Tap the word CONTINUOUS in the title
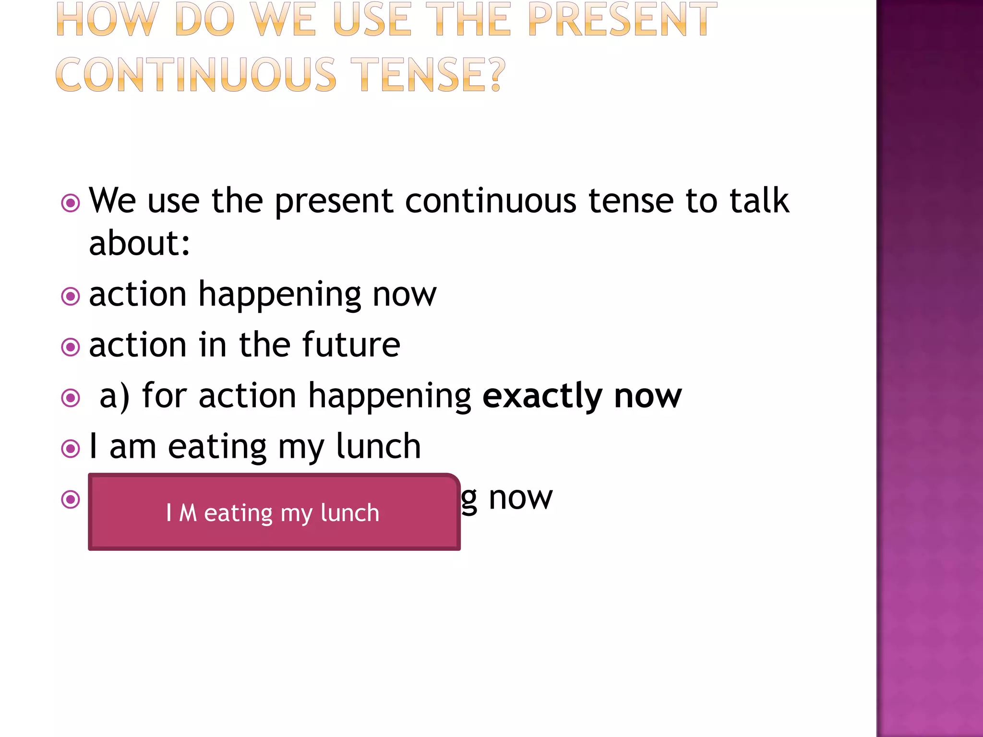(x=196, y=75)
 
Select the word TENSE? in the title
(x=428, y=75)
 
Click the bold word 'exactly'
(x=542, y=396)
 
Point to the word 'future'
(x=351, y=345)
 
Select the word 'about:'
(x=140, y=243)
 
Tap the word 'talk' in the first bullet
(x=759, y=200)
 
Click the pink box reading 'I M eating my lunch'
(x=274, y=512)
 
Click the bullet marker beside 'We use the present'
(x=71, y=203)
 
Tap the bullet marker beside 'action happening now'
(x=71, y=296)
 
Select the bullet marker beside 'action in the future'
(x=71, y=347)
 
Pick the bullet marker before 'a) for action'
(x=71, y=398)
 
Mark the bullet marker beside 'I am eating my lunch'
(x=71, y=449)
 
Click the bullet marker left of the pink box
(x=71, y=499)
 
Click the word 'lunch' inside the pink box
(x=349, y=513)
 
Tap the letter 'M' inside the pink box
(x=188, y=513)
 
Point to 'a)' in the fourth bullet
(x=114, y=396)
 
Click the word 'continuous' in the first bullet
(x=491, y=200)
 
